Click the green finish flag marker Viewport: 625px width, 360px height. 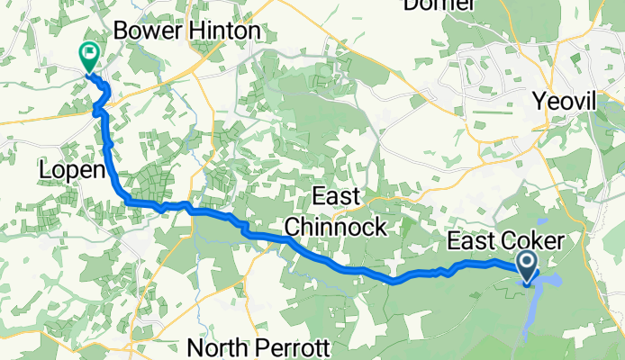click(90, 56)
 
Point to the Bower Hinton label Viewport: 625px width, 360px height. click(187, 31)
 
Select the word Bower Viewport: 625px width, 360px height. click(144, 31)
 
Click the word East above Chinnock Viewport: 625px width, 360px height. click(336, 197)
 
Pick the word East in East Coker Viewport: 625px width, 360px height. click(472, 241)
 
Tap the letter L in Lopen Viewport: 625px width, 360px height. click(44, 170)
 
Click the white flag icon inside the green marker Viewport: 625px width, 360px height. click(90, 52)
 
